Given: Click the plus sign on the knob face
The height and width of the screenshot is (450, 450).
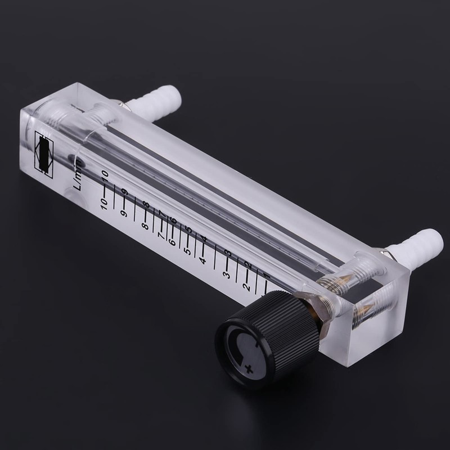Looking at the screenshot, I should click(x=249, y=368).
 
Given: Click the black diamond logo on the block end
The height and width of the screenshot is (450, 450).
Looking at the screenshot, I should click(x=44, y=150).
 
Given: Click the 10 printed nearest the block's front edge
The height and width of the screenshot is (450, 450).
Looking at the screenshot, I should click(x=103, y=203).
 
